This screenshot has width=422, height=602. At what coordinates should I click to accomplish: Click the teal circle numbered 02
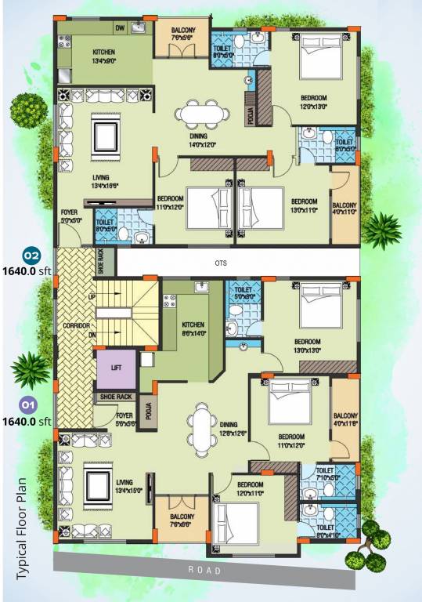coord(31,256)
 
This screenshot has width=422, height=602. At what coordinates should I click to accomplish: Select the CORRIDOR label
coord(74,325)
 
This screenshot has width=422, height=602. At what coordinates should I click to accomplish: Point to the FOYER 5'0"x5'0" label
coord(72,216)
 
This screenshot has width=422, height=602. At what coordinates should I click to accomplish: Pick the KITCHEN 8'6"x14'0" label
coord(193,328)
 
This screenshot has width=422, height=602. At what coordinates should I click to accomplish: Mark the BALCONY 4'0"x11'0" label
coord(345,206)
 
